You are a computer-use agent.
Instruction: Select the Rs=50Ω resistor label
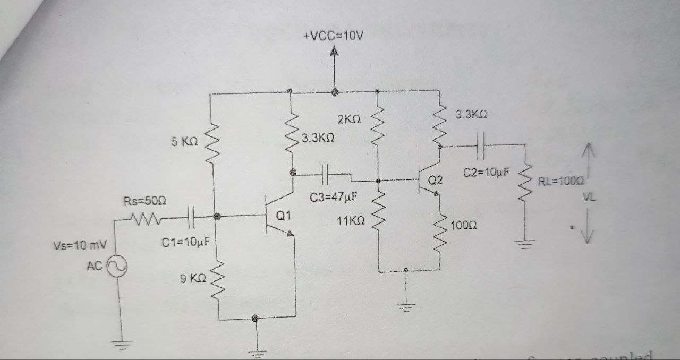tap(146, 201)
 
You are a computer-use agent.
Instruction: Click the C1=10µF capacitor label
tap(185, 243)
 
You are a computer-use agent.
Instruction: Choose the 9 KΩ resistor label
tap(193, 278)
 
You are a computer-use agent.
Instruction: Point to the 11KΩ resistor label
tap(351, 221)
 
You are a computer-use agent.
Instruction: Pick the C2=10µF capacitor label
tap(486, 173)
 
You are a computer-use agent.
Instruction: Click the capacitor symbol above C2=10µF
tap(481, 144)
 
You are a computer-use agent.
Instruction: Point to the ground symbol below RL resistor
tap(525, 245)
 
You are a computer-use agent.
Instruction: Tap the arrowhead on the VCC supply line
tap(334, 52)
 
